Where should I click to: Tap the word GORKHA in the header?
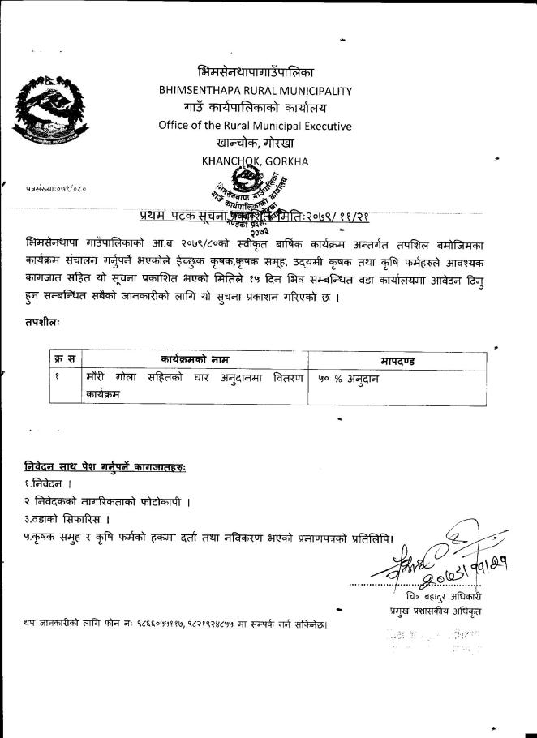tap(281, 161)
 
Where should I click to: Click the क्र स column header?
tap(65, 358)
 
